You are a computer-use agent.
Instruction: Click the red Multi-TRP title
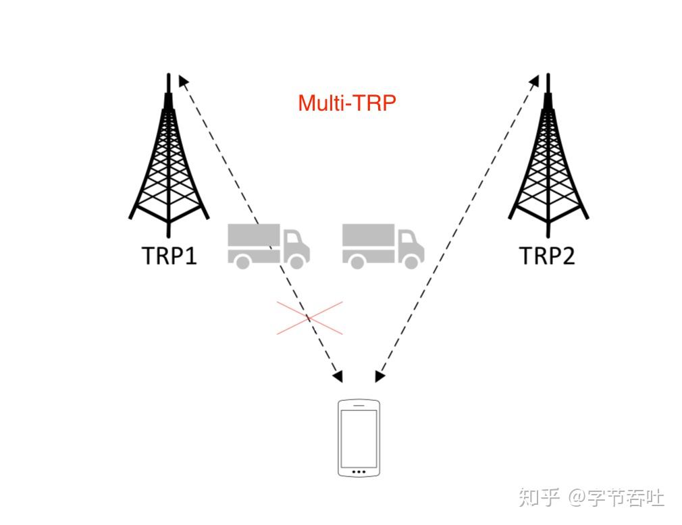click(x=346, y=103)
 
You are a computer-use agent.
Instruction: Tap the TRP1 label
click(x=169, y=256)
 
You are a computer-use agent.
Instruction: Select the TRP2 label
click(x=546, y=256)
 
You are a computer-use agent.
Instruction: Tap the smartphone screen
click(x=359, y=436)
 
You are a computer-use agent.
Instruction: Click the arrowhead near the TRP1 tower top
click(x=182, y=82)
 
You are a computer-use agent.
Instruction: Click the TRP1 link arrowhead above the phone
click(x=338, y=375)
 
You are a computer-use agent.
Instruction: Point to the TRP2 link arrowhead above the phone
click(x=379, y=375)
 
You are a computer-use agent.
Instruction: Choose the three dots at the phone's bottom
click(x=359, y=471)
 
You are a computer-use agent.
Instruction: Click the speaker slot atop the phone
click(x=359, y=405)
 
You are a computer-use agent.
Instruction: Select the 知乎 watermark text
click(x=539, y=498)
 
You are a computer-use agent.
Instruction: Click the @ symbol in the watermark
click(x=577, y=499)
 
